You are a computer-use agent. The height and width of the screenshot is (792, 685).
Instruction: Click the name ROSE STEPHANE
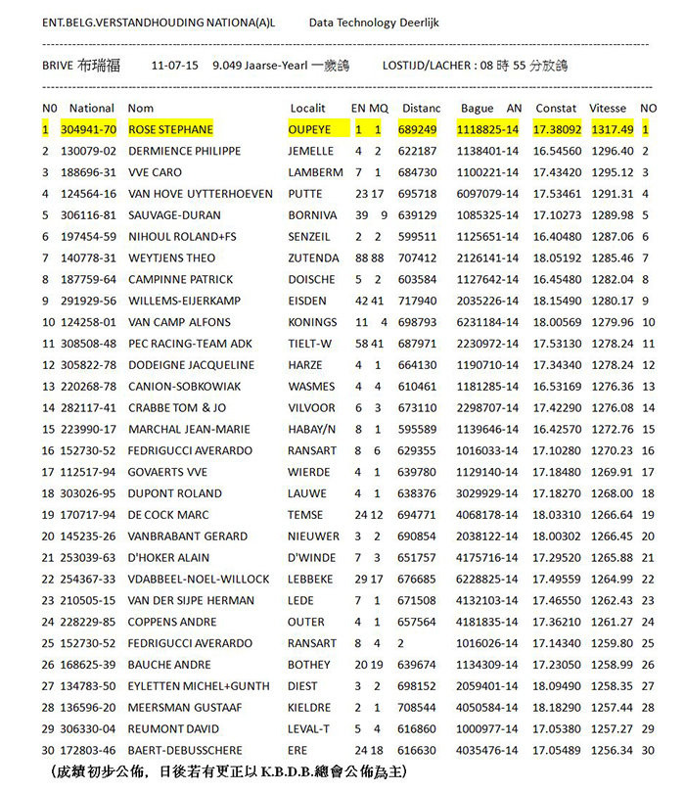[170, 129]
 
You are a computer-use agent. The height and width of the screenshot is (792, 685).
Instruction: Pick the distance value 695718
[419, 194]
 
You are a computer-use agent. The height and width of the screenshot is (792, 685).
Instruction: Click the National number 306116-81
[88, 215]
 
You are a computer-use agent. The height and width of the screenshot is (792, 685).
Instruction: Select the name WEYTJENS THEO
[173, 258]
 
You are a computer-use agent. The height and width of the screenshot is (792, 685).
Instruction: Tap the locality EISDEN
[308, 301]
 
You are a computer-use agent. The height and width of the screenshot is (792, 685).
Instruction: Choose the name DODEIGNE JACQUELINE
[191, 365]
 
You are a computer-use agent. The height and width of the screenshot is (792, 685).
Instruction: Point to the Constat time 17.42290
[557, 408]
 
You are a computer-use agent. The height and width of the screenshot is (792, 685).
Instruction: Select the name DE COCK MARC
[168, 515]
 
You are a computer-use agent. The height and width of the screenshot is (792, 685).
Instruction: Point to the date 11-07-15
[175, 66]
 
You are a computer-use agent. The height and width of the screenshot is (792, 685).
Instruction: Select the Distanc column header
[422, 108]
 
